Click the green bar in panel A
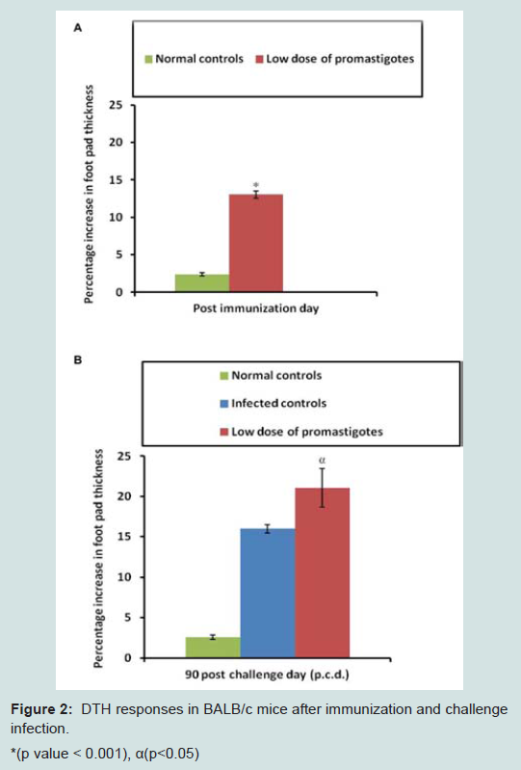[x=202, y=283]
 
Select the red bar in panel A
[x=256, y=243]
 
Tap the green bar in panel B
[x=213, y=648]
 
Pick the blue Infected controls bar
[x=268, y=594]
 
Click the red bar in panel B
[x=323, y=572]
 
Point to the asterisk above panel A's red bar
[x=256, y=185]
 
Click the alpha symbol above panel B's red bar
[x=323, y=460]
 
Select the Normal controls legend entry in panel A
[x=195, y=59]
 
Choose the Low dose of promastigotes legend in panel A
[x=335, y=59]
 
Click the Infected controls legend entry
[x=274, y=403]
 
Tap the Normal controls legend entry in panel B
[x=272, y=376]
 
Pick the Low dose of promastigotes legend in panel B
[x=301, y=432]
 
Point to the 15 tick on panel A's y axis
[x=116, y=180]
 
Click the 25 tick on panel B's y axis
[x=124, y=456]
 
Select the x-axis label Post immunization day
[x=255, y=308]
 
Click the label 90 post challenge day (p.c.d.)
[x=267, y=675]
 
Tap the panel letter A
[x=77, y=28]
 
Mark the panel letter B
[x=77, y=360]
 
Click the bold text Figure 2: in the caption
[x=41, y=709]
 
